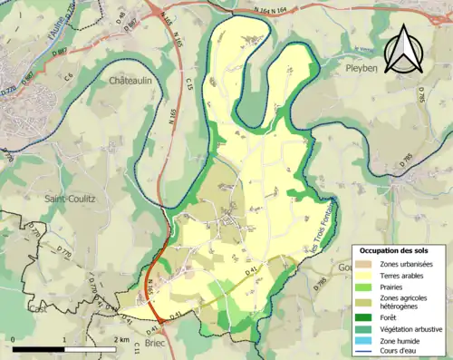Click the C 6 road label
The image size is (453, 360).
click(68, 78)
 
